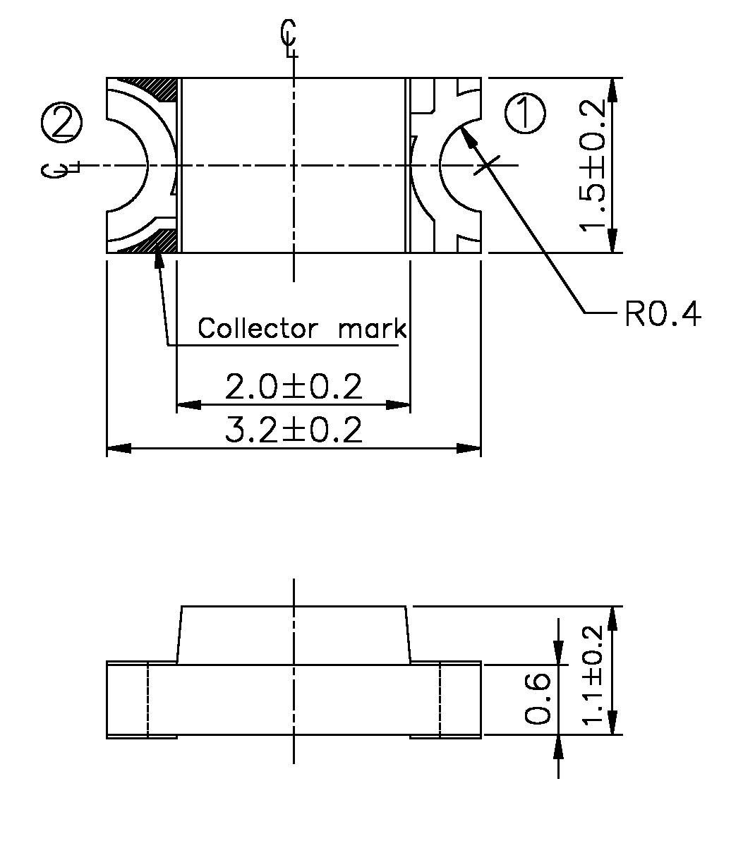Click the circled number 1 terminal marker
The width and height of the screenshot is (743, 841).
(x=526, y=114)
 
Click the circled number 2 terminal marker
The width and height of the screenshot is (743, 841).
(x=62, y=123)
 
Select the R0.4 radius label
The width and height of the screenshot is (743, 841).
(x=663, y=314)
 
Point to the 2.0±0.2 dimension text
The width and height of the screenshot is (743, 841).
(x=293, y=387)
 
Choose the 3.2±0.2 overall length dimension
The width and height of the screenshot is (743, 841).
(x=293, y=430)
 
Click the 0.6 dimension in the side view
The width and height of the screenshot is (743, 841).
(x=538, y=698)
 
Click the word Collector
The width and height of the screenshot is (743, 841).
(x=258, y=329)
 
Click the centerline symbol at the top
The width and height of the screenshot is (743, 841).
(x=289, y=38)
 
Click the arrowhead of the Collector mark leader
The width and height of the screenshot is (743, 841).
(x=159, y=258)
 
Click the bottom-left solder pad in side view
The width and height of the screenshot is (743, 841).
(x=162, y=737)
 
